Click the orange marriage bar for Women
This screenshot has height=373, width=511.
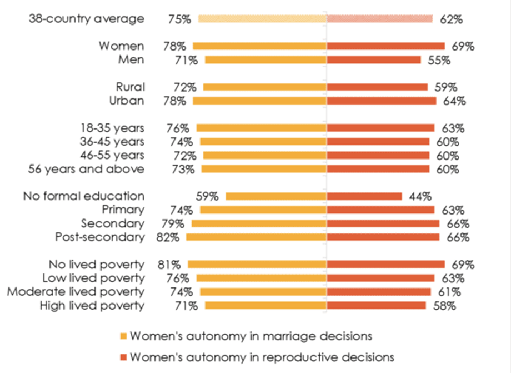point(260,46)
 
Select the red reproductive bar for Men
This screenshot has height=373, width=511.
point(374,59)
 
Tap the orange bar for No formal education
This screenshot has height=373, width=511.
point(276,196)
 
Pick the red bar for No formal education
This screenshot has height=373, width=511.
point(364,196)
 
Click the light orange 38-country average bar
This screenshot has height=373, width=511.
point(262,19)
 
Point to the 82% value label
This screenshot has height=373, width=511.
point(168,237)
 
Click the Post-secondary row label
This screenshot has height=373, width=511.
point(100,237)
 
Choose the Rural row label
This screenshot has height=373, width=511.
point(131,87)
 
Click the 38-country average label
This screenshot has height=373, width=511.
point(87,19)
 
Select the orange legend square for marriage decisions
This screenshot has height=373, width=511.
point(123,336)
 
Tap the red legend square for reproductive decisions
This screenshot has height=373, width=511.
point(123,357)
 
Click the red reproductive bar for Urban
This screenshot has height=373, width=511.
point(382,101)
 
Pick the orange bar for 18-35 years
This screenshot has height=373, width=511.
point(262,128)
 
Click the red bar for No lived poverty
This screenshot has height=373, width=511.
point(386,264)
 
